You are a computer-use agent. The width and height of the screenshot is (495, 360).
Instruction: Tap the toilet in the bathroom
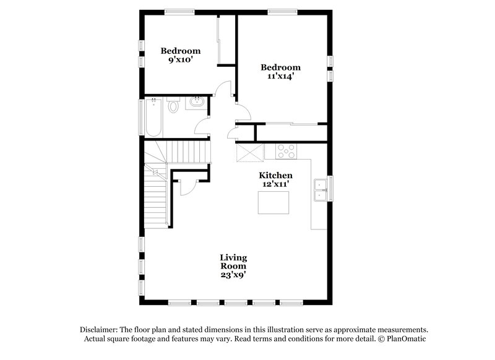174,106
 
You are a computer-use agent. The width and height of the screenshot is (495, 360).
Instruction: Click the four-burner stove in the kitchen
286,150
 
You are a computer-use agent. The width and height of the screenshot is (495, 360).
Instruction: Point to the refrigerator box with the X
250,152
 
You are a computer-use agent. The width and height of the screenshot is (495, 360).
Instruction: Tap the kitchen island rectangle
273,202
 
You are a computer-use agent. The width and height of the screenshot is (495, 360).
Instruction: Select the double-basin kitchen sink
321,189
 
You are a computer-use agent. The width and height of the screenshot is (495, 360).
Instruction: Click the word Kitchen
275,176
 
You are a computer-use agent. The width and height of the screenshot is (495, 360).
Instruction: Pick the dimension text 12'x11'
275,185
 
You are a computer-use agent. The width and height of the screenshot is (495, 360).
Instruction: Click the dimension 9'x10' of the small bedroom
181,61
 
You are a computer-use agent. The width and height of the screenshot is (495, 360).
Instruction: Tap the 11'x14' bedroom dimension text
280,77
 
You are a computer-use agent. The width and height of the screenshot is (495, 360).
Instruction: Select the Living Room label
233,262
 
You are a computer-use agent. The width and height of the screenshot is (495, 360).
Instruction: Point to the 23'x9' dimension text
233,275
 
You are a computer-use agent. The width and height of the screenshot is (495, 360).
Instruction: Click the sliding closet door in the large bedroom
291,126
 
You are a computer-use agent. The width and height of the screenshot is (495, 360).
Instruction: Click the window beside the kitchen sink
330,189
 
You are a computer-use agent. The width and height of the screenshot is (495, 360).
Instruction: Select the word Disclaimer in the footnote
100,330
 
